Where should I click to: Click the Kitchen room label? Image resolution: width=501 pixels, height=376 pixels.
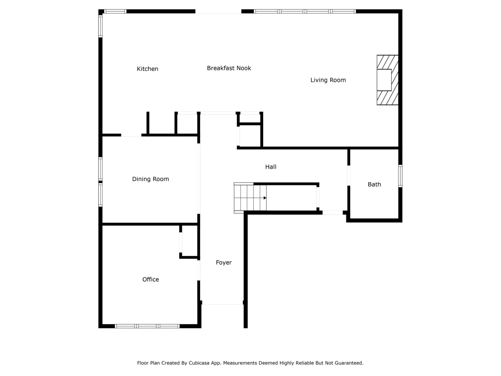click(x=147, y=69)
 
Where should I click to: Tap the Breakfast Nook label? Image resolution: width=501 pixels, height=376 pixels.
click(x=229, y=68)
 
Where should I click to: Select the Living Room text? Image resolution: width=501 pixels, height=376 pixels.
click(x=328, y=80)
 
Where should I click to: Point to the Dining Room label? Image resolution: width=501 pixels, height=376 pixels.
click(x=150, y=179)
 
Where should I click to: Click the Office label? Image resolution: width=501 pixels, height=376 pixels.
click(x=151, y=279)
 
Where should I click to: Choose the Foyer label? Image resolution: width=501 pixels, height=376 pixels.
click(x=224, y=262)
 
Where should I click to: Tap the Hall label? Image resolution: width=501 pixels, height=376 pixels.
click(x=271, y=167)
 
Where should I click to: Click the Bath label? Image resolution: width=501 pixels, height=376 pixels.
click(x=374, y=184)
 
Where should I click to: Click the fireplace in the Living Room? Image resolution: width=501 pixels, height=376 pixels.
click(x=387, y=80)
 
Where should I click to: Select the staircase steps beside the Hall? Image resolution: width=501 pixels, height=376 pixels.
click(x=250, y=198)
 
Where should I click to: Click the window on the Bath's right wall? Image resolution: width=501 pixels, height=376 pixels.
click(x=400, y=176)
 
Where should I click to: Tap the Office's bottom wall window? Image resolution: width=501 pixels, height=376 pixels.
click(x=147, y=326)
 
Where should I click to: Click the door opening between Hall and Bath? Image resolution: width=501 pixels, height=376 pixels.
click(x=349, y=175)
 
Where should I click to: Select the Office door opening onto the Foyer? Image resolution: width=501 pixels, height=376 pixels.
click(x=199, y=270)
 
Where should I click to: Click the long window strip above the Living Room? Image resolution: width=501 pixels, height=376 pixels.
click(x=305, y=11)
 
